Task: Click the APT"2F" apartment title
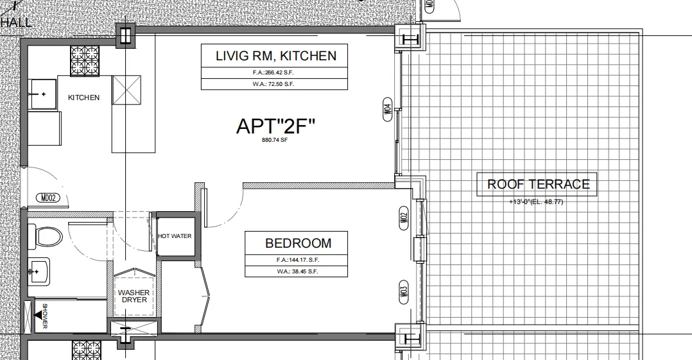click(276, 126)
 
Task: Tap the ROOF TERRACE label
click(538, 184)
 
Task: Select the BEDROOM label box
click(298, 243)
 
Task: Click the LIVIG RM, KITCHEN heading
click(275, 56)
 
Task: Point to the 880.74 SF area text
click(275, 140)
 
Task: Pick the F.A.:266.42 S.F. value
click(275, 73)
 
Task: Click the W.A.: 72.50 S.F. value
click(275, 84)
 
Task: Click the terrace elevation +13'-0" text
click(537, 202)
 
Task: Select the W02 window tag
click(403, 219)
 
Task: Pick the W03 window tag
click(403, 290)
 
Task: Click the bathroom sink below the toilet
click(40, 272)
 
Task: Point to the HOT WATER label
click(175, 236)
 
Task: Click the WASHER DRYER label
click(134, 296)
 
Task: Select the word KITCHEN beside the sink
click(84, 98)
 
